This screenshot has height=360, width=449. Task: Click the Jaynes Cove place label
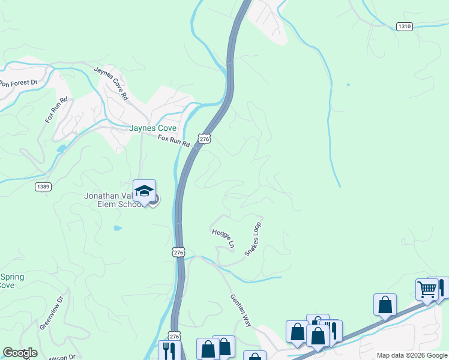[153, 128]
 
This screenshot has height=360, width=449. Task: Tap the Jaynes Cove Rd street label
[112, 83]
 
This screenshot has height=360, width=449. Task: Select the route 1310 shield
[405, 26]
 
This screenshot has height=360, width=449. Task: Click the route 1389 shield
[43, 187]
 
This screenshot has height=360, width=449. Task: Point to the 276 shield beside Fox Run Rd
[205, 139]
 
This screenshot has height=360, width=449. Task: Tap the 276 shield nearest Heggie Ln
[179, 253]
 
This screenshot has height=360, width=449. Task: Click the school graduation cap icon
[144, 191]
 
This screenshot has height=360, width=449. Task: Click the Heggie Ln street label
[222, 238]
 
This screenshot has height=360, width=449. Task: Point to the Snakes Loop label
[253, 239]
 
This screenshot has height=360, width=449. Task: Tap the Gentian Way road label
[241, 310]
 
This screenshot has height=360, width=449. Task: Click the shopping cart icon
[427, 289]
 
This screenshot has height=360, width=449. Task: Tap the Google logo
[20, 353]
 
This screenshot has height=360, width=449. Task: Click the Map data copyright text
[411, 355]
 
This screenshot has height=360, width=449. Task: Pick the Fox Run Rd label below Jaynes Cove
[173, 141]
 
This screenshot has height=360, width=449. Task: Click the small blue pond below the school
[118, 228]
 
